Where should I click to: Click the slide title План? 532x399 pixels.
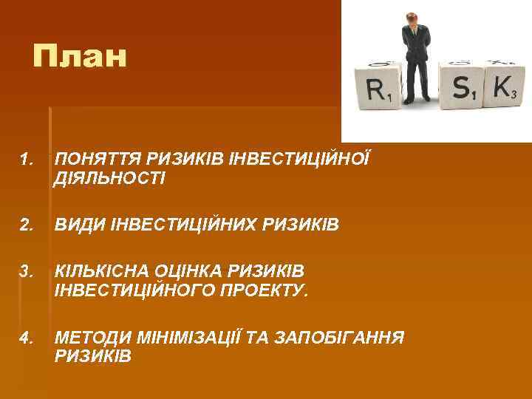point(80,56)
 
